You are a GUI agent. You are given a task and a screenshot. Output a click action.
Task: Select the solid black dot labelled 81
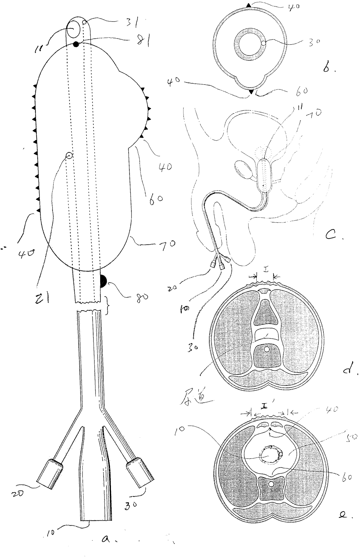click(76, 44)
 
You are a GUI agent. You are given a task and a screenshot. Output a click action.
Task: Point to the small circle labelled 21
click(69, 156)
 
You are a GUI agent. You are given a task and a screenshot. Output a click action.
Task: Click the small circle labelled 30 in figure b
click(263, 43)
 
